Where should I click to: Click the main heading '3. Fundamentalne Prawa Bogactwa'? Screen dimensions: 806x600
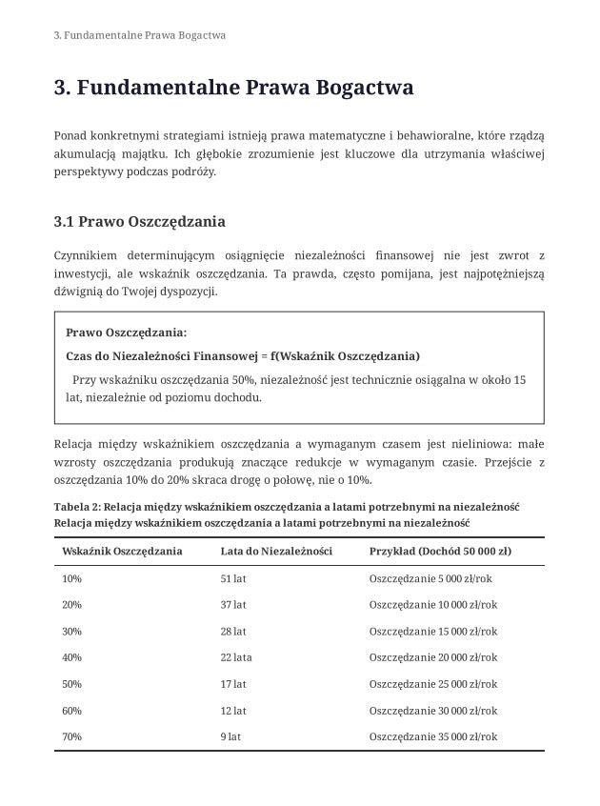(x=233, y=90)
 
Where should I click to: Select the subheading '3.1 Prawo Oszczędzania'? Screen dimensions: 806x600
(x=139, y=223)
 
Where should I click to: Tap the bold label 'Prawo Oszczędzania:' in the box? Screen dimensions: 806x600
(x=126, y=332)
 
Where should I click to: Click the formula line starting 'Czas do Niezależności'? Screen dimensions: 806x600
(x=242, y=356)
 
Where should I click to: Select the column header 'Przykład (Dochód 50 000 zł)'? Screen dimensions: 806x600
(x=439, y=552)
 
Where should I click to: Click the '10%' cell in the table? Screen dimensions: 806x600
(x=71, y=578)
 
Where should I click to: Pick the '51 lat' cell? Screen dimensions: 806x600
(x=233, y=578)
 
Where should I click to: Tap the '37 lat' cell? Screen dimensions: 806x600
(x=233, y=605)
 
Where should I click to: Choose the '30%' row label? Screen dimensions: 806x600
(x=71, y=632)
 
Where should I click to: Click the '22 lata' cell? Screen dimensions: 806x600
(x=236, y=657)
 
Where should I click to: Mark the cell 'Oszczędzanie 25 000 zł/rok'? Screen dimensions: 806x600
(x=432, y=684)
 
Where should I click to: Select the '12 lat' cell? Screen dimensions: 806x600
(x=233, y=711)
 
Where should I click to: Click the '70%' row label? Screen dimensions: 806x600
(x=71, y=736)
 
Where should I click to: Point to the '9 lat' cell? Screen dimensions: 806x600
(x=230, y=736)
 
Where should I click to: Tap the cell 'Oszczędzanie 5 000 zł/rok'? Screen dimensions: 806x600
(x=430, y=578)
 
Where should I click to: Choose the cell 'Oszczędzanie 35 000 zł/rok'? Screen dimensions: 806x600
(x=432, y=736)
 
